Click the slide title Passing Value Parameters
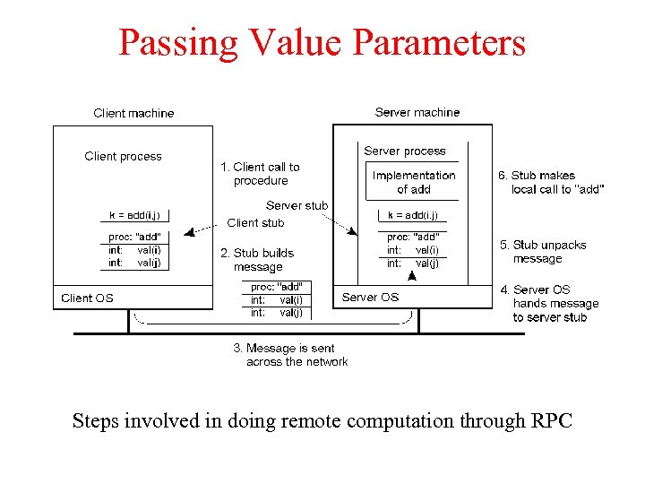[322, 42]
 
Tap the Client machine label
[133, 113]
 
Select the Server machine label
[417, 112]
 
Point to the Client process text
[123, 156]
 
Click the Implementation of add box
[413, 182]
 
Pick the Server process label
[404, 151]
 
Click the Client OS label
[87, 298]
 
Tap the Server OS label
[370, 297]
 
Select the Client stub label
[255, 222]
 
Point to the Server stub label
[297, 205]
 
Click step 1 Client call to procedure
[260, 174]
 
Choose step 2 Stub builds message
[257, 260]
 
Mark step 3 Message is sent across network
[290, 355]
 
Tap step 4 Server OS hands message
[549, 303]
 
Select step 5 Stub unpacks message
[543, 252]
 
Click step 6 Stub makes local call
[550, 182]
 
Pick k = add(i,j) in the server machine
[413, 215]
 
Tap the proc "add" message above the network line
[276, 300]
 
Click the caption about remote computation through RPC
[322, 420]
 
